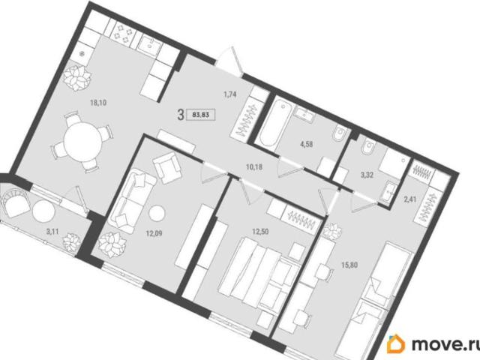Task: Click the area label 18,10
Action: (98, 103)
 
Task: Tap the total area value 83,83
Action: (200, 115)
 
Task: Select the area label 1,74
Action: (229, 94)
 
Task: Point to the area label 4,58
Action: (307, 144)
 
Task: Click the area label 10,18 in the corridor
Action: (254, 167)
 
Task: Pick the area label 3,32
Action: (367, 175)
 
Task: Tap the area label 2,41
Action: (410, 200)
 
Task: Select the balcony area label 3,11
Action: (52, 232)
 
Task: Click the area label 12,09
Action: (154, 234)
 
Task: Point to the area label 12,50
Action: (260, 232)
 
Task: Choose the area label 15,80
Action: (349, 265)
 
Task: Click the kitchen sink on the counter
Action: (149, 45)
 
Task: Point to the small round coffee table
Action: (157, 212)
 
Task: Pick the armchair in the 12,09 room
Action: (166, 167)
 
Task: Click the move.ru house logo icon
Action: (395, 343)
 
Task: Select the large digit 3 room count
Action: (181, 115)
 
